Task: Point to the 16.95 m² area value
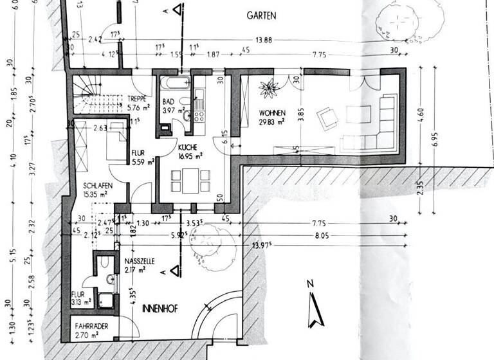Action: pyautogui.click(x=191, y=155)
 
